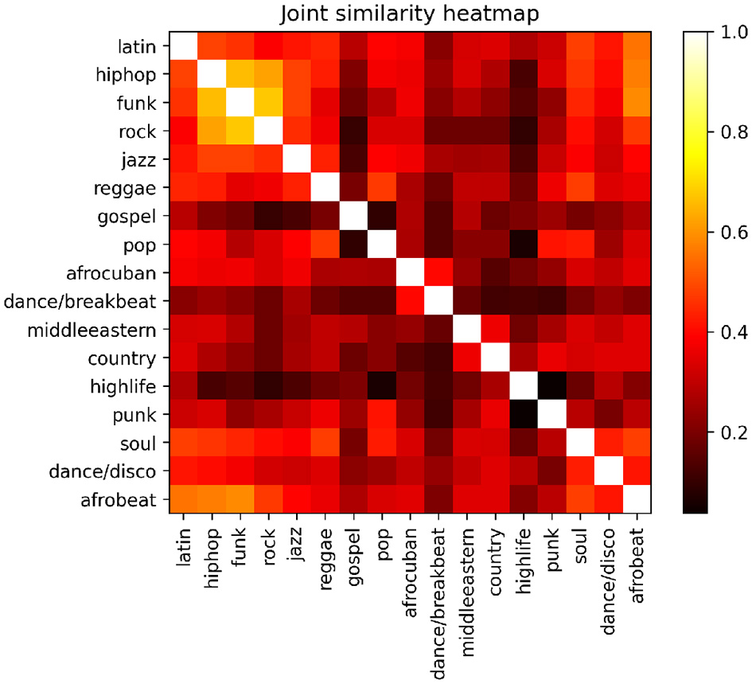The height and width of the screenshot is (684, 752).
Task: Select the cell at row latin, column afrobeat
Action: coord(637,48)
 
